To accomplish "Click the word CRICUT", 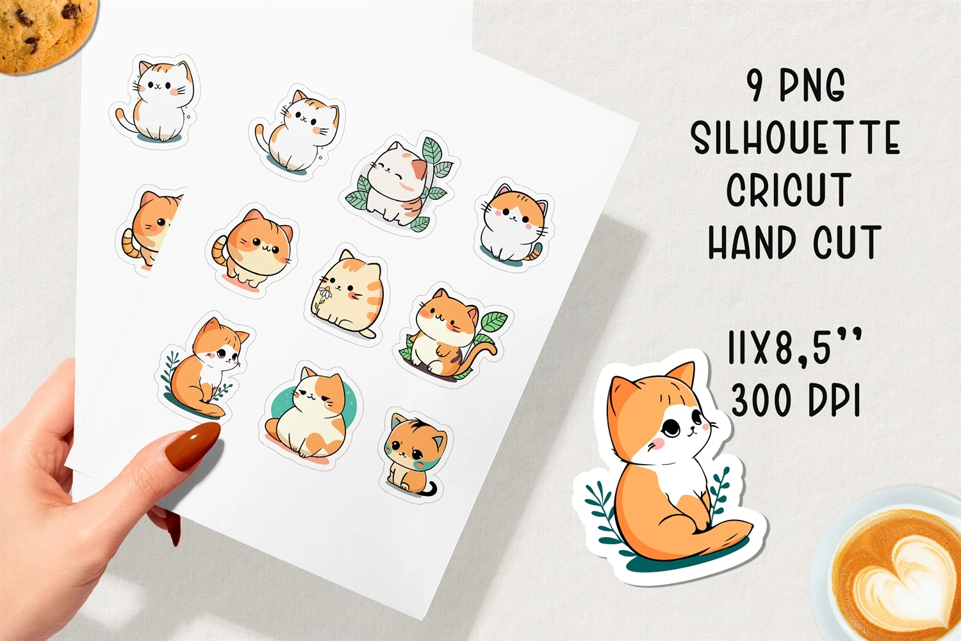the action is [789, 190].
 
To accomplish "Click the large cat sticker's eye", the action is [670, 427].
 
